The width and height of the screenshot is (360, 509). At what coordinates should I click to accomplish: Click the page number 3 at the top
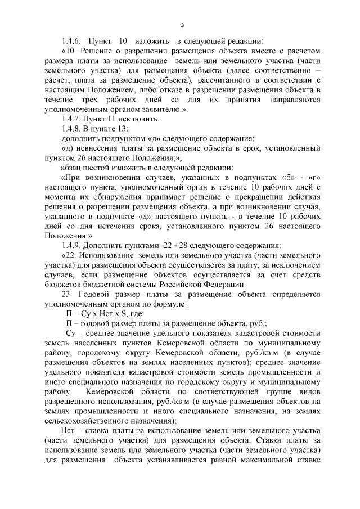[x=183, y=24]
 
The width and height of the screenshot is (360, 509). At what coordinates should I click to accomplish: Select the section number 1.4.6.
[x=72, y=42]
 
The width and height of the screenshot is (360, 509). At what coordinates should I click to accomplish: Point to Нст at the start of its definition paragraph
[x=73, y=431]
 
